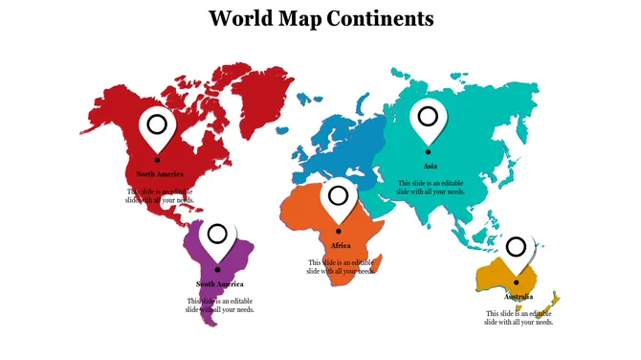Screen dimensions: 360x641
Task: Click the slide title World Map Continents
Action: tap(320, 18)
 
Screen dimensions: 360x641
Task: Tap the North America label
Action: tap(160, 174)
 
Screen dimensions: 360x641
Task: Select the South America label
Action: tap(220, 284)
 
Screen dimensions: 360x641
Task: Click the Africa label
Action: tap(341, 246)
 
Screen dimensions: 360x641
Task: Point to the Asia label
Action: tap(431, 166)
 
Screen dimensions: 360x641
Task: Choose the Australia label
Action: tap(519, 297)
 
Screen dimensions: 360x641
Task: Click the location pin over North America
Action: tap(157, 125)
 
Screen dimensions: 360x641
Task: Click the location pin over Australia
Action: tap(516, 250)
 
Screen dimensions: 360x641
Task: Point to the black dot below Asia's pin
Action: tap(429, 151)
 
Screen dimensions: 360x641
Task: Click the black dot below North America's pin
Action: tap(157, 159)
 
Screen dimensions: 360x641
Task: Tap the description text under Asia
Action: tap(431, 188)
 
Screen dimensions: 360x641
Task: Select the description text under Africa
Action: tap(341, 267)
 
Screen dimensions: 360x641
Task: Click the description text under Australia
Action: tap(519, 318)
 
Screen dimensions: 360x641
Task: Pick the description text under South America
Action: tap(220, 305)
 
